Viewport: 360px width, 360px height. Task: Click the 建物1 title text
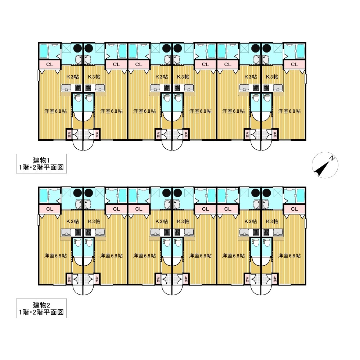(x=41, y=160)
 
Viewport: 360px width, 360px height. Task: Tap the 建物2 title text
(x=41, y=305)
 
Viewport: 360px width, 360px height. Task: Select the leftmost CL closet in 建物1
(x=50, y=64)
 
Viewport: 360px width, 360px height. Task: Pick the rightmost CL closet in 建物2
(x=294, y=209)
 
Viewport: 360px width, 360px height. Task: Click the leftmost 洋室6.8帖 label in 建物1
(x=55, y=111)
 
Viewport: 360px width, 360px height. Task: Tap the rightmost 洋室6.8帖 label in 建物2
(x=289, y=256)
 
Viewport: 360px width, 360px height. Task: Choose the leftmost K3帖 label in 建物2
(x=73, y=221)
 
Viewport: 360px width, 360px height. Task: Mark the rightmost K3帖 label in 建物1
(x=272, y=77)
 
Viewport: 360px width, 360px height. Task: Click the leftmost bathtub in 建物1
(x=44, y=51)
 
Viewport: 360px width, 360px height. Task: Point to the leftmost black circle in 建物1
(x=78, y=48)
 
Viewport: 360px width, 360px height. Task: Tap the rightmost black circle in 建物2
(x=266, y=193)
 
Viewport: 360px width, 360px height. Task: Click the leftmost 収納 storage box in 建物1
(x=69, y=134)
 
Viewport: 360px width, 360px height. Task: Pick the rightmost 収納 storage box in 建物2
(x=275, y=279)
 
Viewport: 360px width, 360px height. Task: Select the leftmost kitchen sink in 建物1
(x=67, y=87)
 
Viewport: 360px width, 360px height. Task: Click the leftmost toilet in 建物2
(x=77, y=242)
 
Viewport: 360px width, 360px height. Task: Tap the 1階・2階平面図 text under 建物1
(x=41, y=167)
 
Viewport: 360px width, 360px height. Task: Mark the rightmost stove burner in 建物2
(x=266, y=232)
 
